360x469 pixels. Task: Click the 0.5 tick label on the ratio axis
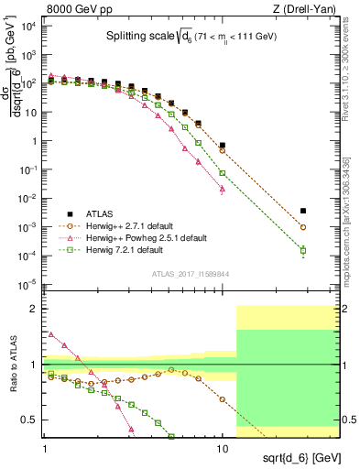[x=32, y=420]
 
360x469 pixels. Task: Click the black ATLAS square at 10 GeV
[x=222, y=146]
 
